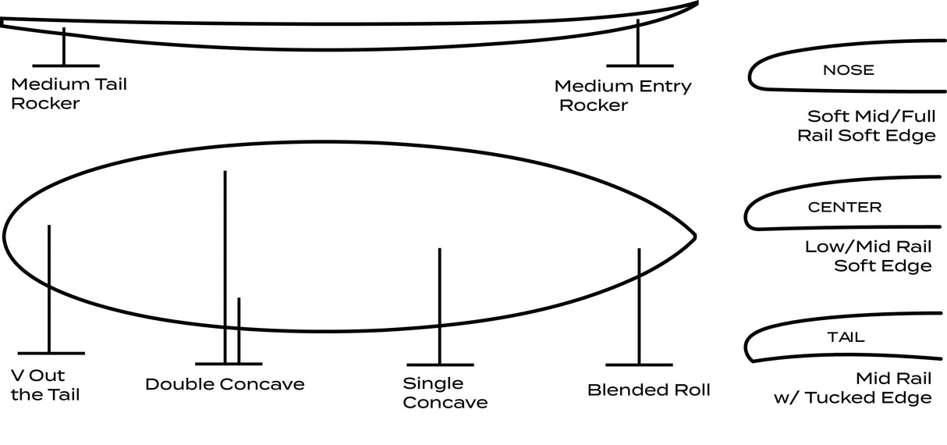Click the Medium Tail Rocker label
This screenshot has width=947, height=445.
[x=69, y=93]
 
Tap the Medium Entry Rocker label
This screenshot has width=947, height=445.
[x=622, y=95]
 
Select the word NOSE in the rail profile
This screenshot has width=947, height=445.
[x=848, y=70]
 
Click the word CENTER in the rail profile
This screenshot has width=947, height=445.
[x=844, y=208]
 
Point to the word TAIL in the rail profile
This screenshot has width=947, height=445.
[x=846, y=338]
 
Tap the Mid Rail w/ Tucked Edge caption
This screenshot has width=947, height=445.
[x=855, y=388]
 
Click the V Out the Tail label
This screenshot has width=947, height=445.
[x=45, y=384]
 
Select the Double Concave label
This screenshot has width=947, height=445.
[x=225, y=384]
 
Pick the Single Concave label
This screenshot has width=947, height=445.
[x=445, y=393]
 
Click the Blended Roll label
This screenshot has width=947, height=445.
[x=648, y=390]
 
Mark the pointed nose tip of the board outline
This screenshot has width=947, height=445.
[x=693, y=235]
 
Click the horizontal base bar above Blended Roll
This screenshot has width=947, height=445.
[x=639, y=365]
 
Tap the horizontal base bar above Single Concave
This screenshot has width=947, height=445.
[x=440, y=365]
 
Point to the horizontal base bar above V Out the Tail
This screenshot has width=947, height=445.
[x=50, y=354]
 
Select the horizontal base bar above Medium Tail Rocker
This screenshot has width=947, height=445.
[x=66, y=66]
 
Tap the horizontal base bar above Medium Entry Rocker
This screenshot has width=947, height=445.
[x=639, y=65]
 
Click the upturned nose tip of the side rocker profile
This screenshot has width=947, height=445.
[x=695, y=4]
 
